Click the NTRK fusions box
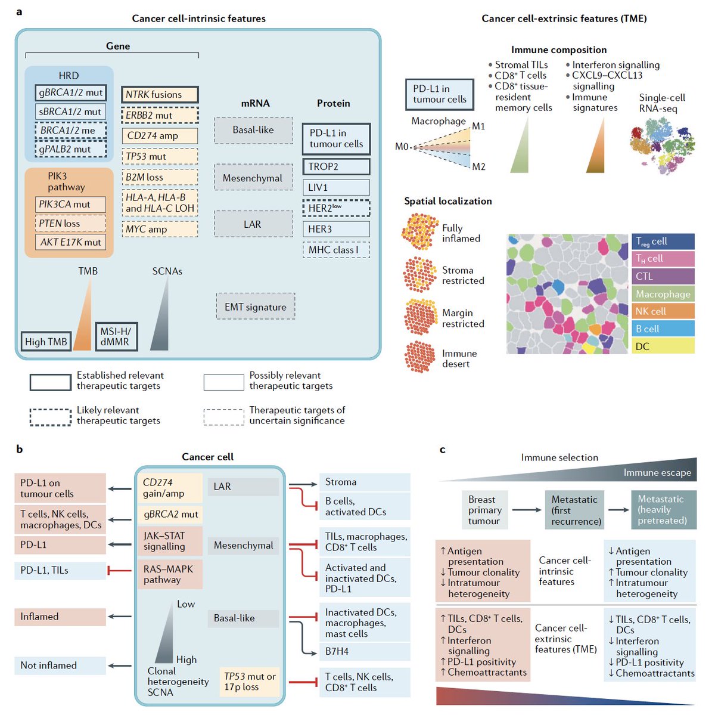pos(160,94)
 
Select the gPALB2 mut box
pos(70,149)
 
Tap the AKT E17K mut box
pos(70,242)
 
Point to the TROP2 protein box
pos(336,166)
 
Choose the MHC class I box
pos(336,250)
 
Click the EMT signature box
pos(255,307)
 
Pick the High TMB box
pos(46,342)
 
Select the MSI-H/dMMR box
pos(116,336)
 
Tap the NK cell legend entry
pos(663,311)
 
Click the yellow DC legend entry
pos(663,346)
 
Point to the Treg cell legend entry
pos(663,242)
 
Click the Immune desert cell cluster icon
pos(419,357)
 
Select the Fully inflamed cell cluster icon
pos(419,231)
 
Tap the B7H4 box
pos(365,652)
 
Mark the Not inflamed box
pos(60,666)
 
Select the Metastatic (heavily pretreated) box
pos(663,510)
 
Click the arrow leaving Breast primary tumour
pos(526,510)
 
